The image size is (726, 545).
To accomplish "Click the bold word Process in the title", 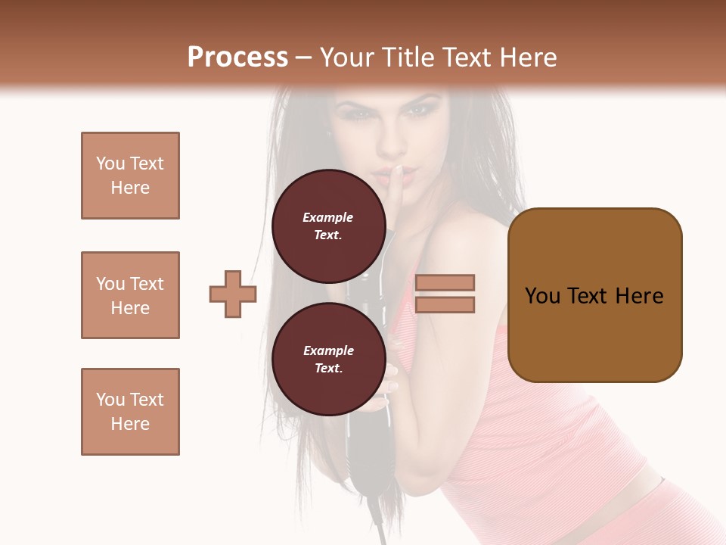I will pos(237,58).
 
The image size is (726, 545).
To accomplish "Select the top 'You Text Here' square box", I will pos(130,176).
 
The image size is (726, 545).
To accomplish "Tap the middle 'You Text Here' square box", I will pos(130,295).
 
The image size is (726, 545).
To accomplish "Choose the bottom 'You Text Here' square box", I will pos(130,412).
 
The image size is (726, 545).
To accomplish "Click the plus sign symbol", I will pos(233,294).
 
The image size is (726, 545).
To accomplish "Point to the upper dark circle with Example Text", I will pos(328,226).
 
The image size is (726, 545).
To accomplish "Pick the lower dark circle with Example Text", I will pos(328,359).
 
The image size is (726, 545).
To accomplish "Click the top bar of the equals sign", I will pos(445,282).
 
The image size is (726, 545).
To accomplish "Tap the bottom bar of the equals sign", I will pos(445,304).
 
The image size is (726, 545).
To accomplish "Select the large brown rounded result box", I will pos(594,295).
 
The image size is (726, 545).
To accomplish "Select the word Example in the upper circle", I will pos(328,217).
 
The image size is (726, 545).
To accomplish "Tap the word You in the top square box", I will pos(110,163).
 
